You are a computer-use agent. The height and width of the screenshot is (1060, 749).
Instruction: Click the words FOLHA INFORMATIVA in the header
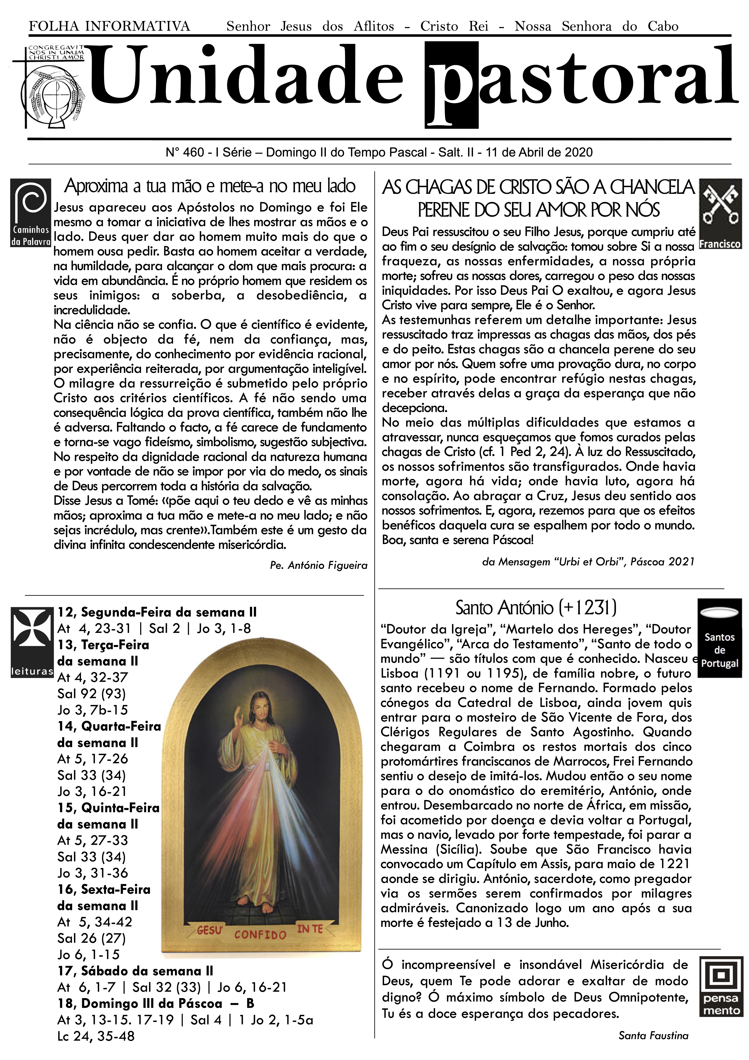[x=109, y=26]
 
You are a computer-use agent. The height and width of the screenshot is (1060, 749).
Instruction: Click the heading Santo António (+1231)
[x=536, y=608]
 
